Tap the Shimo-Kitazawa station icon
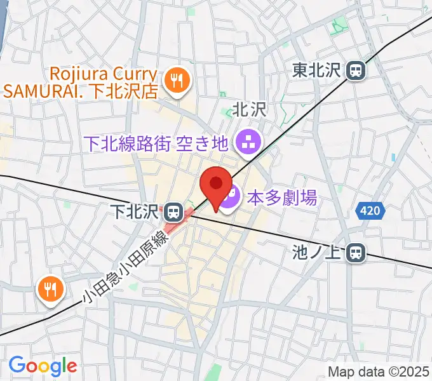172,210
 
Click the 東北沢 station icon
356,70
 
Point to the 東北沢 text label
318,70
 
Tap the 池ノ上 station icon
356,253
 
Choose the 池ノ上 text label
318,253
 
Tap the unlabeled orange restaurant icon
50,290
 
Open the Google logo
43,366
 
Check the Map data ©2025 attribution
379,371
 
